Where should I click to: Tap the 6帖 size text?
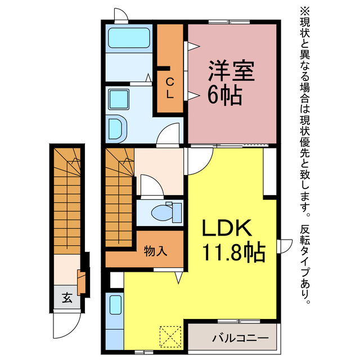[225, 96]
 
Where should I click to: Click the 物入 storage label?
[155, 251]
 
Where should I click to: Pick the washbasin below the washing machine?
[118, 129]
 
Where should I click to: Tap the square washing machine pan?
[119, 100]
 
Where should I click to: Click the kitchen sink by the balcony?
[115, 306]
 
